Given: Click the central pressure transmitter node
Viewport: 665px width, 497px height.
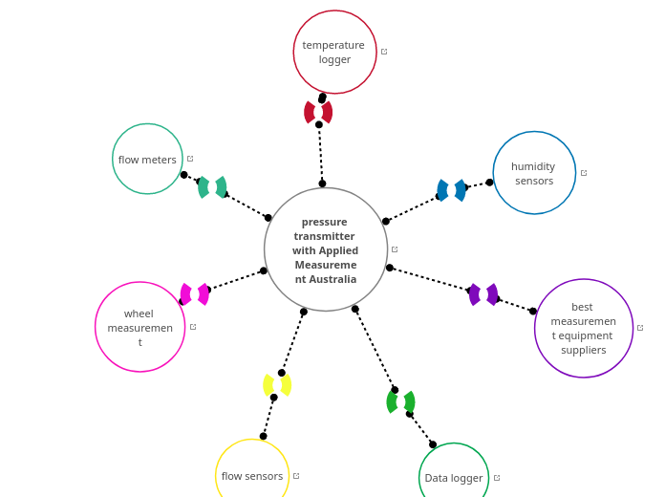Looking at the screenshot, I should point(326,249).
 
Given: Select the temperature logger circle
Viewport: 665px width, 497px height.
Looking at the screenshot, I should point(334,52).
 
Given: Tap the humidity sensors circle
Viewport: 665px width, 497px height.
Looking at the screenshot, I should point(534,173).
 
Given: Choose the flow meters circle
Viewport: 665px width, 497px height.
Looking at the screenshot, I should point(147,159).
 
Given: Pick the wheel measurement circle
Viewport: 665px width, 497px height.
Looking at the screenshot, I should point(139,327).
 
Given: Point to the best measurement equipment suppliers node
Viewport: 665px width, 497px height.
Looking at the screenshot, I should point(583,328).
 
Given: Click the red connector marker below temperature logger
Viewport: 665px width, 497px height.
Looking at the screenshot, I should point(318,112).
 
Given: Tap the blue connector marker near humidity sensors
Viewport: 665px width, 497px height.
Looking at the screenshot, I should point(452,190).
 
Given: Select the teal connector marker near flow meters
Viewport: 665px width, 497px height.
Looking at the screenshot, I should point(212,187).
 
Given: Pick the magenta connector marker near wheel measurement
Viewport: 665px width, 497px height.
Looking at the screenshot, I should point(195,294).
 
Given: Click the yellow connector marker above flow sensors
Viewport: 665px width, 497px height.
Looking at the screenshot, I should point(277,385).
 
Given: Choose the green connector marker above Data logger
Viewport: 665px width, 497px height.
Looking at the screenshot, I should point(400,401).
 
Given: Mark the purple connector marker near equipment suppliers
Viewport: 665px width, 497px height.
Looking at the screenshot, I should point(483,294).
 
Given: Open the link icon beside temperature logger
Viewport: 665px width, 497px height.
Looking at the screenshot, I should point(384,52).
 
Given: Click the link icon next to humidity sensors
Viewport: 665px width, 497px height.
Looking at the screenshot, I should point(584,173).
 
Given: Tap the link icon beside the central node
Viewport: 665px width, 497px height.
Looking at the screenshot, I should point(395,249).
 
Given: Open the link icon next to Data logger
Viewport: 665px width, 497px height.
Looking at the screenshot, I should point(497,478).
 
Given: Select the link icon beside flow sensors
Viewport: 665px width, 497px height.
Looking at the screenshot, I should point(296,476).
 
